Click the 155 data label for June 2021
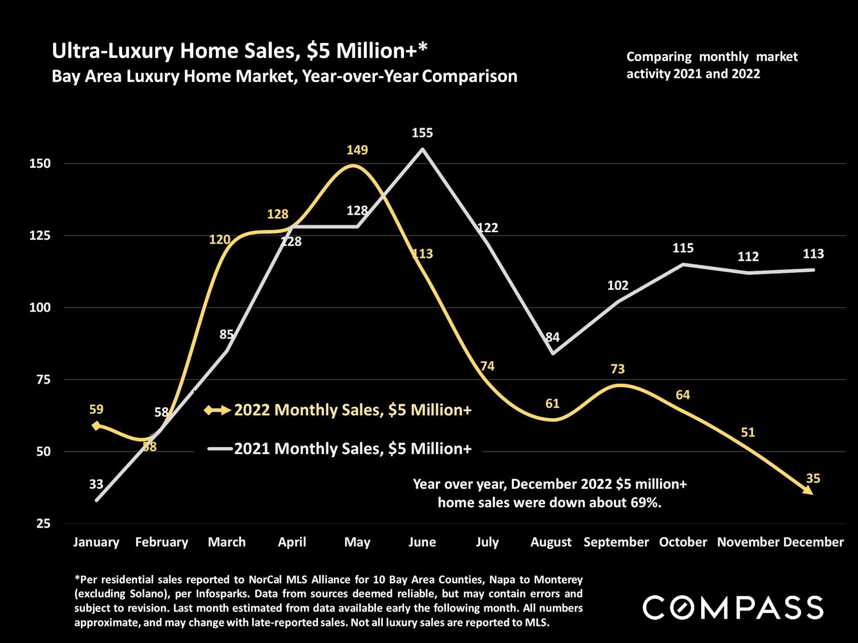422,133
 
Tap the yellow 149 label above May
357,150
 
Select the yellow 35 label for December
813,479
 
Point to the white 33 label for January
96,484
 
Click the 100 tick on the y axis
40,308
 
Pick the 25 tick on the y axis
43,523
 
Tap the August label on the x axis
551,542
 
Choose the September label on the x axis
616,542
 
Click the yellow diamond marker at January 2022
96,426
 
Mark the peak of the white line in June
422,150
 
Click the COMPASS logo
733,608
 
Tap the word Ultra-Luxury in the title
112,51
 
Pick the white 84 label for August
553,337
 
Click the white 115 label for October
683,248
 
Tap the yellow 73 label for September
618,369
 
